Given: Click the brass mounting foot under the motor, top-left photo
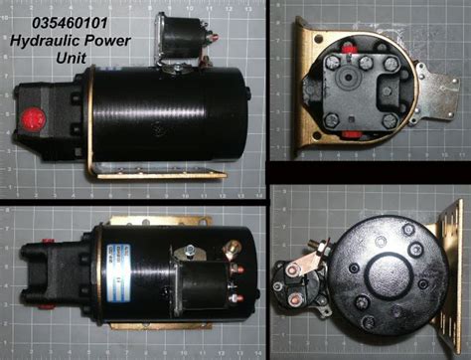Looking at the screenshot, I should (158, 177).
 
